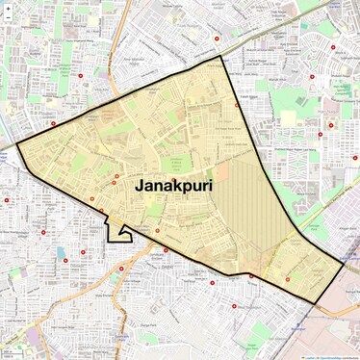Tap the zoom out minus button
click(9, 20)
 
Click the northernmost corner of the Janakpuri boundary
click(220, 56)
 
